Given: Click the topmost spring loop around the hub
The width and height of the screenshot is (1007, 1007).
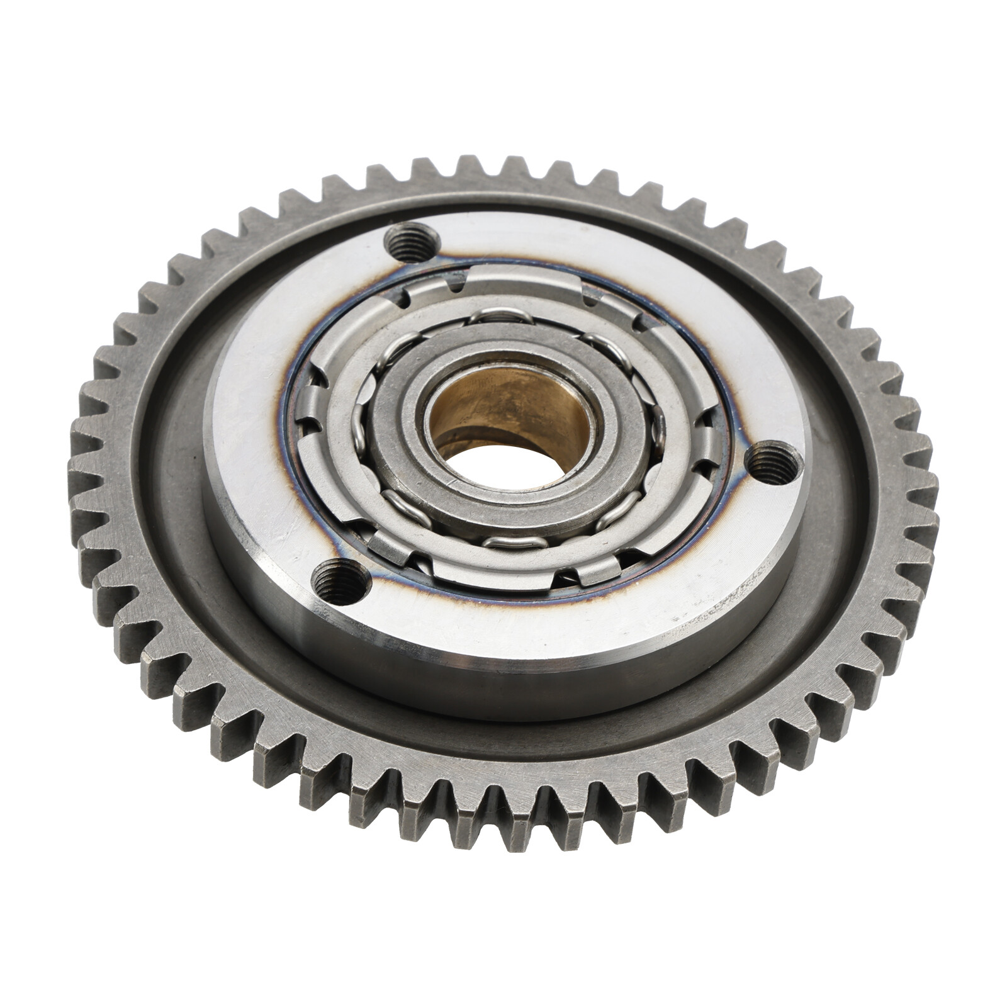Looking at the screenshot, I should click(497, 317).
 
